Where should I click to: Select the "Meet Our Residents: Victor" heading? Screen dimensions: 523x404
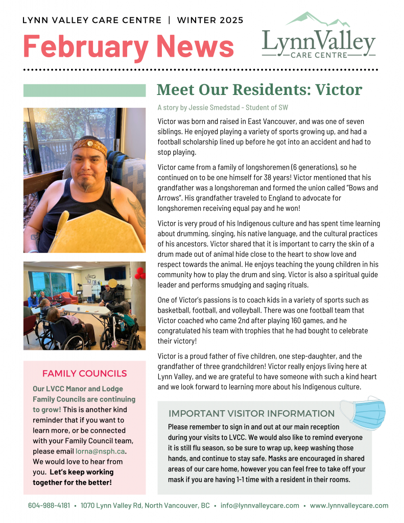tap(259, 89)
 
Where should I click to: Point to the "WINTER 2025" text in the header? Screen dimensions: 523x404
tap(210, 20)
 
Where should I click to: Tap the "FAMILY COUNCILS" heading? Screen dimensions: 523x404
tap(84, 373)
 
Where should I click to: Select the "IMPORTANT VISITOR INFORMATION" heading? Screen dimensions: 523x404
tap(251, 413)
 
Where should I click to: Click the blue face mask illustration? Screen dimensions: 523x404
tap(364, 412)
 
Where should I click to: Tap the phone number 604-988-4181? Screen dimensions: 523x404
tap(49, 505)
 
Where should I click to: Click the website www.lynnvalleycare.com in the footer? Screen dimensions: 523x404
tap(349, 505)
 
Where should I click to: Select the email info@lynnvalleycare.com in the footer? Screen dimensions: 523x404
tap(259, 505)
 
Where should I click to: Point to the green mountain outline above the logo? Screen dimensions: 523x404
tap(313, 19)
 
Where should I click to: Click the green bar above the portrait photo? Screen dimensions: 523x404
tap(84, 90)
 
